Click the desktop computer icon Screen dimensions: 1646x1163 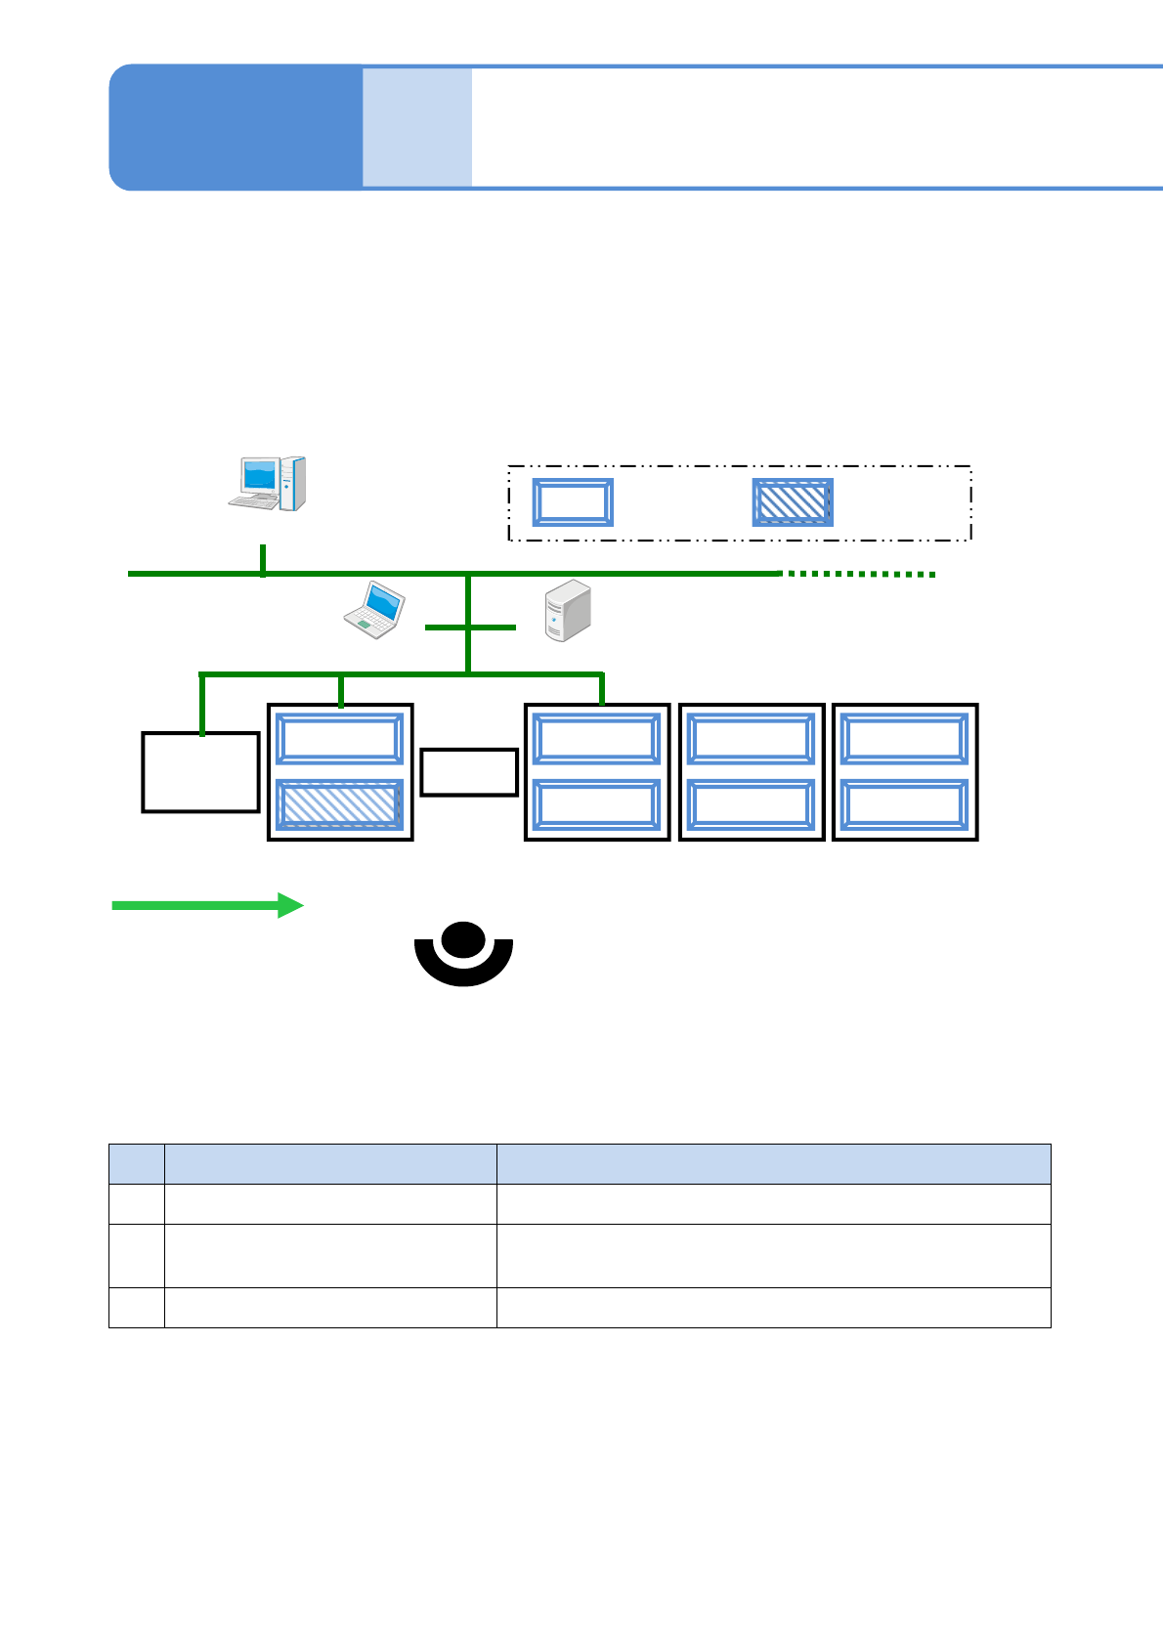pyautogui.click(x=267, y=483)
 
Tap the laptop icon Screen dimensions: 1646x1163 pyautogui.click(x=374, y=610)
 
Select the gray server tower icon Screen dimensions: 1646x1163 pyautogui.click(x=568, y=611)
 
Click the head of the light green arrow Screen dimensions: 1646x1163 pyautogui.click(x=290, y=905)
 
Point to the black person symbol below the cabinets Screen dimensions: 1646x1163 pyautogui.click(x=463, y=953)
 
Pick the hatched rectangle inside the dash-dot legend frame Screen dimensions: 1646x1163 pyautogui.click(x=793, y=502)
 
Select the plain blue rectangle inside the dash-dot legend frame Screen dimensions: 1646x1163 pyautogui.click(x=573, y=502)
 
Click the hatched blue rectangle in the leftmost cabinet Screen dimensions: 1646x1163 pyautogui.click(x=340, y=804)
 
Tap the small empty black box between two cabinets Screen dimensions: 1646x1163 pyautogui.click(x=469, y=772)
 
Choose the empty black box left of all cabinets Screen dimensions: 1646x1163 pyautogui.click(x=200, y=772)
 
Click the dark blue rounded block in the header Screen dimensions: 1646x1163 pyautogui.click(x=236, y=127)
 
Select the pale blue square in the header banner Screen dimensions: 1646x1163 pyautogui.click(x=417, y=127)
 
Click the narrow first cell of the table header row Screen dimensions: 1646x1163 pyautogui.click(x=137, y=1164)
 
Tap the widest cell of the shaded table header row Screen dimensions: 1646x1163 pyautogui.click(x=773, y=1164)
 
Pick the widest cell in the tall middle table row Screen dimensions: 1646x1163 pyautogui.click(x=773, y=1255)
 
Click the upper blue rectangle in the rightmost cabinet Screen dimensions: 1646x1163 pyautogui.click(x=905, y=739)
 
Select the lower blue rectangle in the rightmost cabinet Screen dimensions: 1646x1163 pyautogui.click(x=905, y=804)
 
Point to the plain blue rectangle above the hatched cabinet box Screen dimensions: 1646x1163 pyautogui.click(x=340, y=739)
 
